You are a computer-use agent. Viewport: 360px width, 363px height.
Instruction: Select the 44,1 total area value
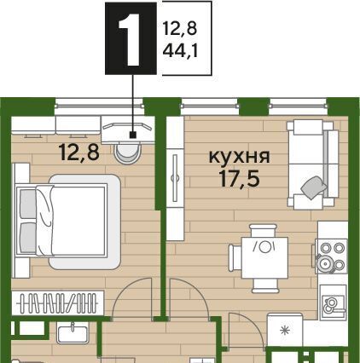click(180, 51)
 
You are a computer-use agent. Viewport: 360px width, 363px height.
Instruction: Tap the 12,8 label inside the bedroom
click(79, 152)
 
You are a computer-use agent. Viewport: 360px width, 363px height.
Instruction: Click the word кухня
click(239, 157)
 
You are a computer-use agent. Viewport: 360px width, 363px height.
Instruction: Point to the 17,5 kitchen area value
click(239, 179)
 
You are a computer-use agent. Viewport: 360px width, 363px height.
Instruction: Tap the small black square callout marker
click(132, 135)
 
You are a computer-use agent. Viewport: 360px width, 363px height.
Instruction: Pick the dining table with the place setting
click(264, 257)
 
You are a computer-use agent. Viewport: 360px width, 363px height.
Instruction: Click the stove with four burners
click(331, 256)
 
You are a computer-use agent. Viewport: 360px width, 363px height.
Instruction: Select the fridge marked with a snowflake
click(284, 330)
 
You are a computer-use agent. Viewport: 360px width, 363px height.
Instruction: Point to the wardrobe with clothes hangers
click(58, 303)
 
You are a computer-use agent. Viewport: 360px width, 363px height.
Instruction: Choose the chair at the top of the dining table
click(263, 231)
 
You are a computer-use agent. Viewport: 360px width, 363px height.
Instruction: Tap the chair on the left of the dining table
click(235, 257)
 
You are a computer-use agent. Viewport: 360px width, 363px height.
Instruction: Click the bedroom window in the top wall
click(99, 107)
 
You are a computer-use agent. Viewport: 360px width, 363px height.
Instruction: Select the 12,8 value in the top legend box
click(180, 29)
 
